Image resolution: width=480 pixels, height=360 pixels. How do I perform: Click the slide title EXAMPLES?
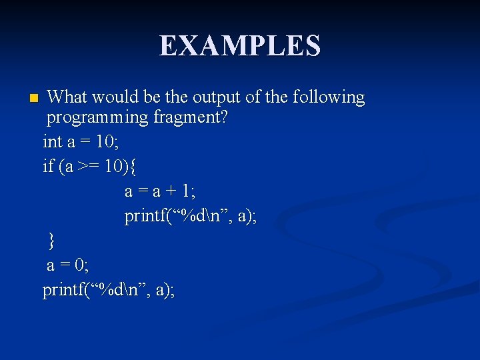[240, 46]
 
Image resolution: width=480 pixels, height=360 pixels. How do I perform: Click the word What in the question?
[67, 97]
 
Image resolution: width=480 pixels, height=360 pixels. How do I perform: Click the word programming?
[97, 119]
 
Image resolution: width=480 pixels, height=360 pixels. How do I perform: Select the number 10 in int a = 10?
[105, 141]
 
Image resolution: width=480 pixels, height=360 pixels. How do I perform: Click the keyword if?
[48, 166]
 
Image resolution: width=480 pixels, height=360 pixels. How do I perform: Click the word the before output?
[176, 97]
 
